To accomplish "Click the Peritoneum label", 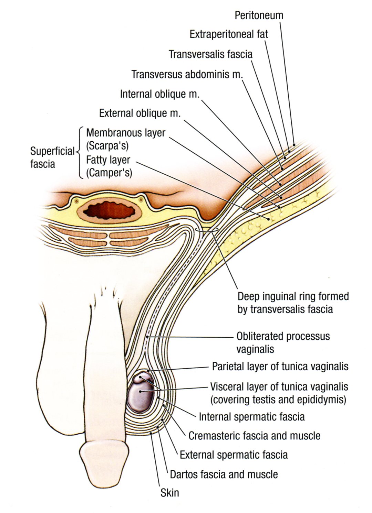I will click(259, 15).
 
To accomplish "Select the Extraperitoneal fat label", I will click(229, 34).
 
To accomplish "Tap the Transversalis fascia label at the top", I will click(210, 54).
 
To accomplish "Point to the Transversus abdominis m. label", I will click(187, 74).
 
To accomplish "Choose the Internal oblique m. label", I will click(160, 94).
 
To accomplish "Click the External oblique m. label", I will click(140, 113).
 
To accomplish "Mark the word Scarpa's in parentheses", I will click(107, 146).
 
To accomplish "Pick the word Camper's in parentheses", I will click(109, 173).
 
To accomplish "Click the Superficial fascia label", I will click(52, 157).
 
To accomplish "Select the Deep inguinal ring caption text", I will click(293, 303).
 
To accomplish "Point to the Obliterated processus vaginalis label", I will click(283, 342).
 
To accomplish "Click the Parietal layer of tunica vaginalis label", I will click(280, 367).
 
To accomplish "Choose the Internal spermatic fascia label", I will click(252, 417).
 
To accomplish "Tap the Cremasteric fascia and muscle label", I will click(254, 436).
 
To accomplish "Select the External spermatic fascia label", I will click(234, 455).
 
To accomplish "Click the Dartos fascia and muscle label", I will click(224, 474).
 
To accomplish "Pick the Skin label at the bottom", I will click(170, 493).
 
